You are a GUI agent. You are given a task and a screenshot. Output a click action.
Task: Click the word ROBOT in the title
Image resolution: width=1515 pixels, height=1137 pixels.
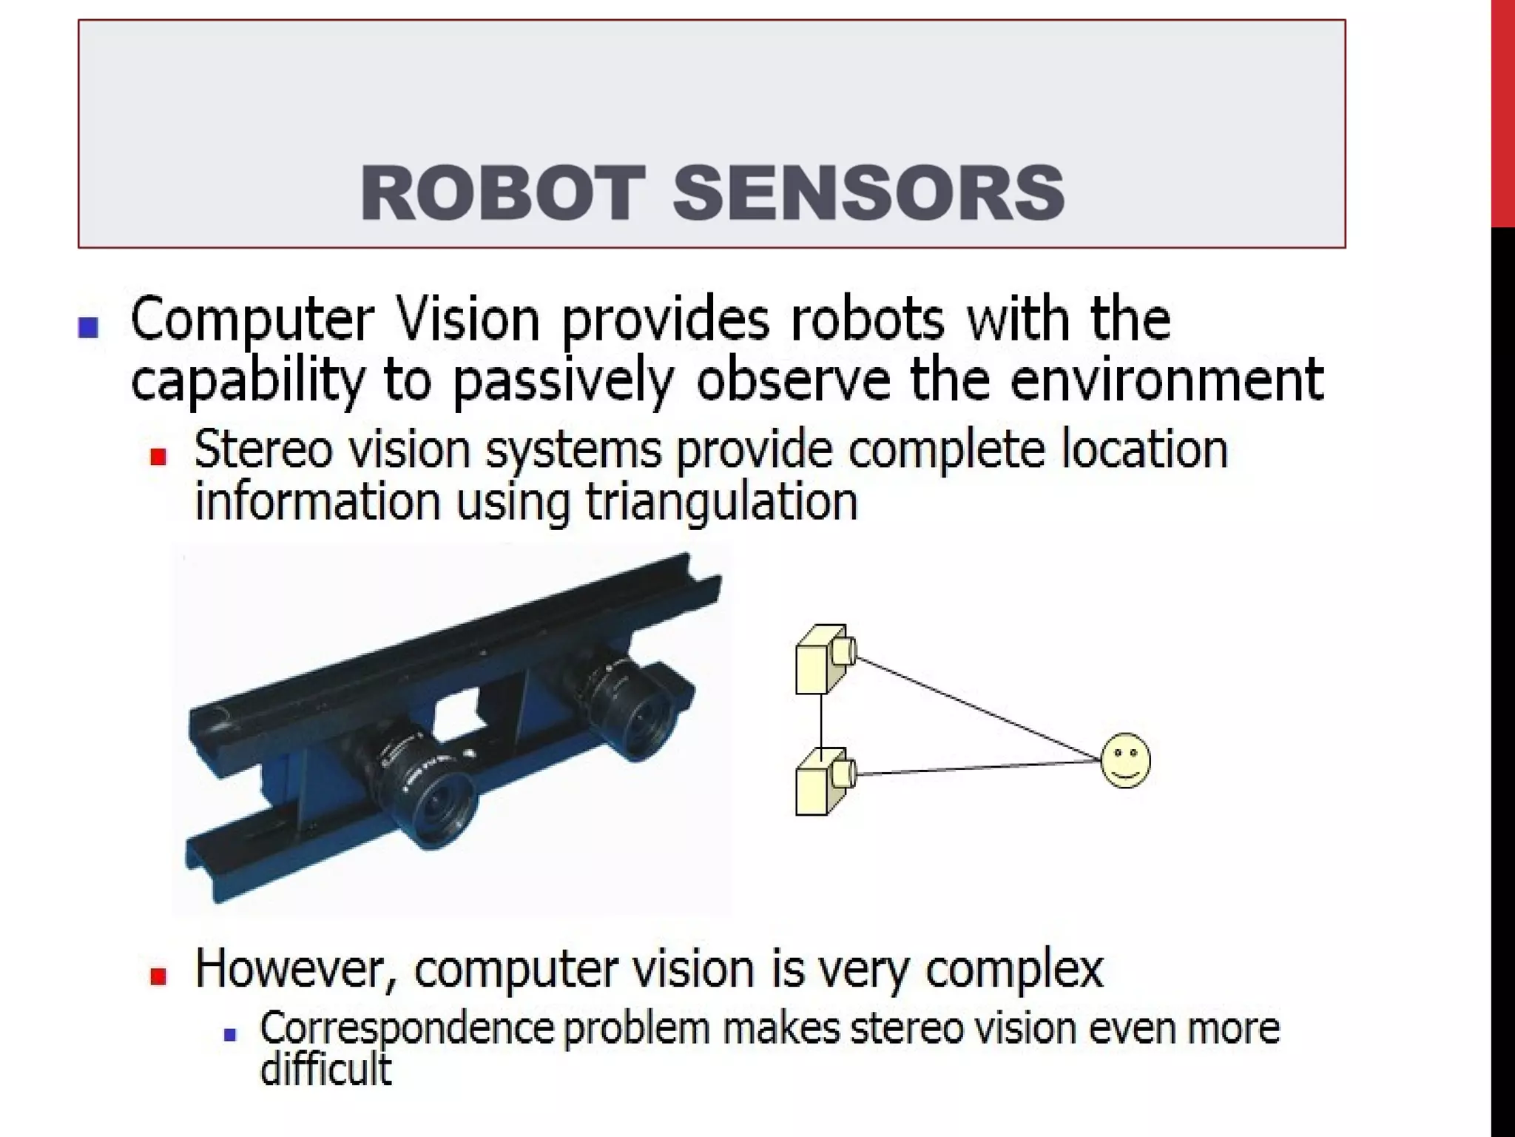click(x=502, y=193)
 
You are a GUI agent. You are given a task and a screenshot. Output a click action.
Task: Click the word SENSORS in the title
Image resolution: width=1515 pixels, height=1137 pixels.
click(x=868, y=193)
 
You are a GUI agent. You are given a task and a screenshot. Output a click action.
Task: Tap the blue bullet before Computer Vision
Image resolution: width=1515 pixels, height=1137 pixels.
click(x=89, y=327)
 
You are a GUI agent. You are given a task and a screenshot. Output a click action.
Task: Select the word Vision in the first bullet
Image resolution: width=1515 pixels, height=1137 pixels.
click(x=468, y=320)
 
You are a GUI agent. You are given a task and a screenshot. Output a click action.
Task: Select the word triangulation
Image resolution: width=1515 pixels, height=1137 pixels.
click(x=721, y=503)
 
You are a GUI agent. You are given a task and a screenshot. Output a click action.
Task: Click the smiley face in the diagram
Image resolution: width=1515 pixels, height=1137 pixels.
click(x=1125, y=760)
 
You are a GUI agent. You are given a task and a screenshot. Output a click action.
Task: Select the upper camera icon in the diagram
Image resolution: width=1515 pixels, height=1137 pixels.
click(x=825, y=658)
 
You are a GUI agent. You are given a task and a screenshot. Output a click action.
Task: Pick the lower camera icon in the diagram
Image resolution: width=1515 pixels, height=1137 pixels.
click(x=825, y=780)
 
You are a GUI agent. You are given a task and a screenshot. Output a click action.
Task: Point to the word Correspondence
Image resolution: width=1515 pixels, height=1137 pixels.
click(x=406, y=1030)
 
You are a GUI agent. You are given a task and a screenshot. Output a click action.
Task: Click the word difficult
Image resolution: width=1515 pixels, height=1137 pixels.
click(x=325, y=1069)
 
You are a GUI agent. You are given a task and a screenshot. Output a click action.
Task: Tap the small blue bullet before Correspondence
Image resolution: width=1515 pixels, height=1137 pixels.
click(x=229, y=1034)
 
